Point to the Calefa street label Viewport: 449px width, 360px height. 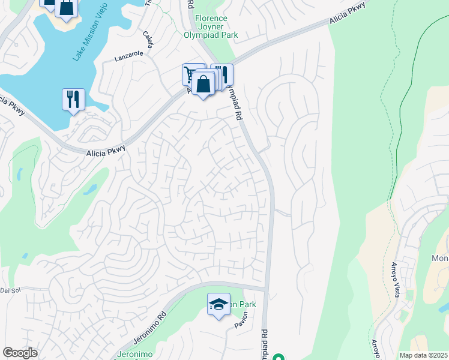click(148, 40)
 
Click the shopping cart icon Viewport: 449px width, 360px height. click(191, 75)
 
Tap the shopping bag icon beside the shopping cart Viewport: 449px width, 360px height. click(203, 84)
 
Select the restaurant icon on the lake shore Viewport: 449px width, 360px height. click(73, 99)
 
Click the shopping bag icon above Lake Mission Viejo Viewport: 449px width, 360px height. click(67, 8)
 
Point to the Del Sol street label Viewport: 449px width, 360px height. click(11, 290)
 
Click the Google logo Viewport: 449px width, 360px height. click(20, 353)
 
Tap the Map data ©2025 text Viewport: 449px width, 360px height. click(423, 355)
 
